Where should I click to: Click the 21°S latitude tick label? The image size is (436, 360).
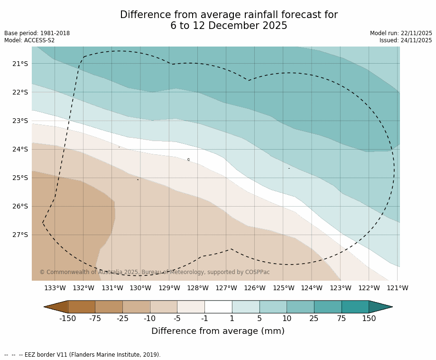click(x=20, y=64)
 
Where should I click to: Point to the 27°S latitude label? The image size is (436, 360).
click(x=20, y=235)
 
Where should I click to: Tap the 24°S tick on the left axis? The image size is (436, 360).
click(x=20, y=149)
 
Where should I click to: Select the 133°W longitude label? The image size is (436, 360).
click(x=55, y=288)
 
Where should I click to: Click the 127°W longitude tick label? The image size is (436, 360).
click(x=226, y=288)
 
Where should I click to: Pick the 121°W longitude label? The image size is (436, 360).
click(x=397, y=288)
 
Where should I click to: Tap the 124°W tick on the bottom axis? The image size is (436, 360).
click(x=312, y=288)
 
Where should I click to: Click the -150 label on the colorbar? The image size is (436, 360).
click(x=68, y=318)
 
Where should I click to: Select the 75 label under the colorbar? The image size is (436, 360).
click(x=342, y=318)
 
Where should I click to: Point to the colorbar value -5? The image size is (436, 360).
click(x=177, y=318)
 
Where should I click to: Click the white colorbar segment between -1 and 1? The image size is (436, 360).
click(x=218, y=307)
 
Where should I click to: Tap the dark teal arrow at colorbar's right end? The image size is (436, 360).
click(x=380, y=307)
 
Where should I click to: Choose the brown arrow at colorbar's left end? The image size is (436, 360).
click(x=56, y=307)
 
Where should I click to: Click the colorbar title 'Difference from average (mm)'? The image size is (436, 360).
click(x=218, y=331)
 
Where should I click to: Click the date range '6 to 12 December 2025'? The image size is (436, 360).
click(x=229, y=26)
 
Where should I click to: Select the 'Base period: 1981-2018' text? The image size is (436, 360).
click(x=37, y=33)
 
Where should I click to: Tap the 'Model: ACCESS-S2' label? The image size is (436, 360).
click(x=29, y=40)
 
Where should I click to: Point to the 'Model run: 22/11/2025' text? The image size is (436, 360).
click(x=401, y=33)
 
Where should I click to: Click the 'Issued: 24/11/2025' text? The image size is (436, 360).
click(x=406, y=40)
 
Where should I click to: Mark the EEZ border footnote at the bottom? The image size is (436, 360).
click(x=83, y=355)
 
